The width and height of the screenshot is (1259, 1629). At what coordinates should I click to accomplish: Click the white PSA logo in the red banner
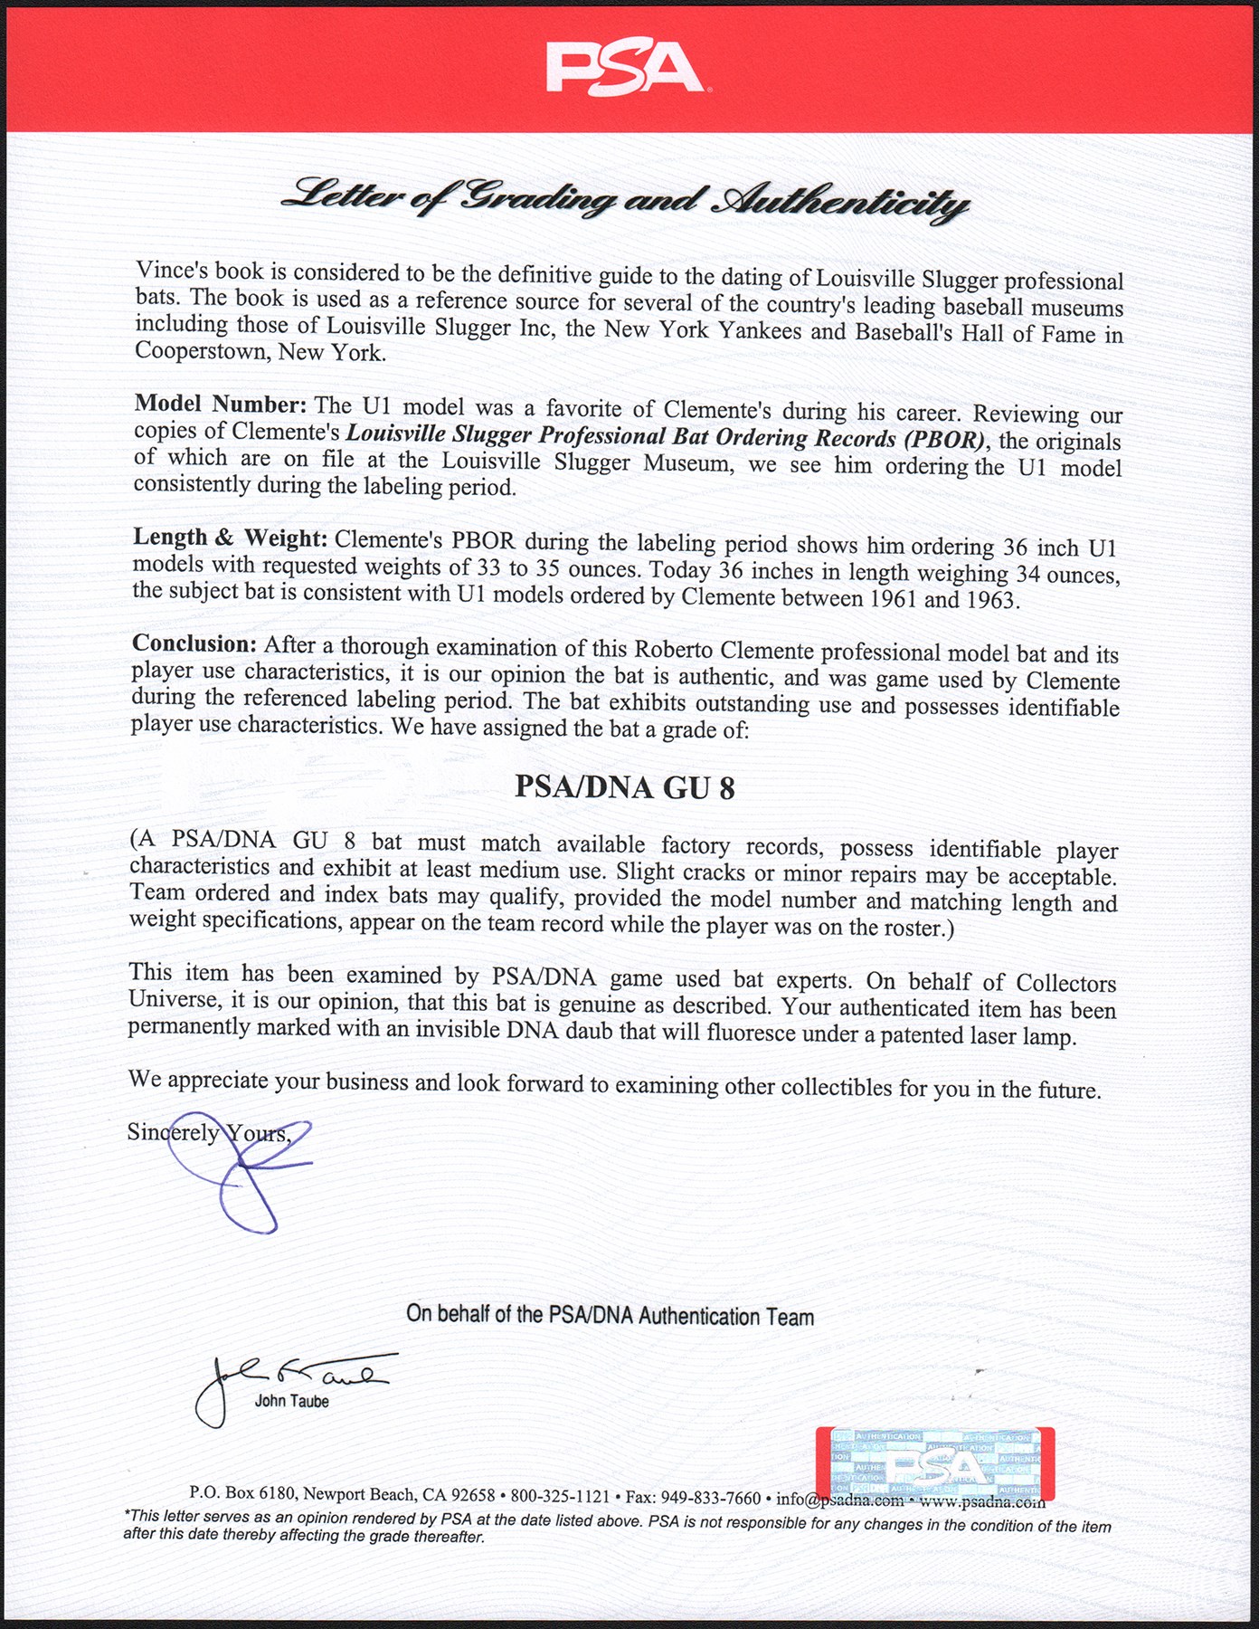tap(625, 69)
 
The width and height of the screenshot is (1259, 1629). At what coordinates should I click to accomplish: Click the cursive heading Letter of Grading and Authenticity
tap(625, 199)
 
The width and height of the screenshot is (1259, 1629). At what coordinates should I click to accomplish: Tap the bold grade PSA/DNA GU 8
tap(624, 787)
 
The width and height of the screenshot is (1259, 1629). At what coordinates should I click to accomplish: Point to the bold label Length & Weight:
tap(230, 538)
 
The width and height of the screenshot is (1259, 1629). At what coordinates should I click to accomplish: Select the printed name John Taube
tap(291, 1401)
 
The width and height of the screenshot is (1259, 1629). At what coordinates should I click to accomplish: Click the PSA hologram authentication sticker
tap(934, 1464)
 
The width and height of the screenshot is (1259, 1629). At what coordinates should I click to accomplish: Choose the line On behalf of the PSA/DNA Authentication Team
tap(610, 1315)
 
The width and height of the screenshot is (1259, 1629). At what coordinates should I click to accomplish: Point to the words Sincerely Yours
tap(208, 1132)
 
